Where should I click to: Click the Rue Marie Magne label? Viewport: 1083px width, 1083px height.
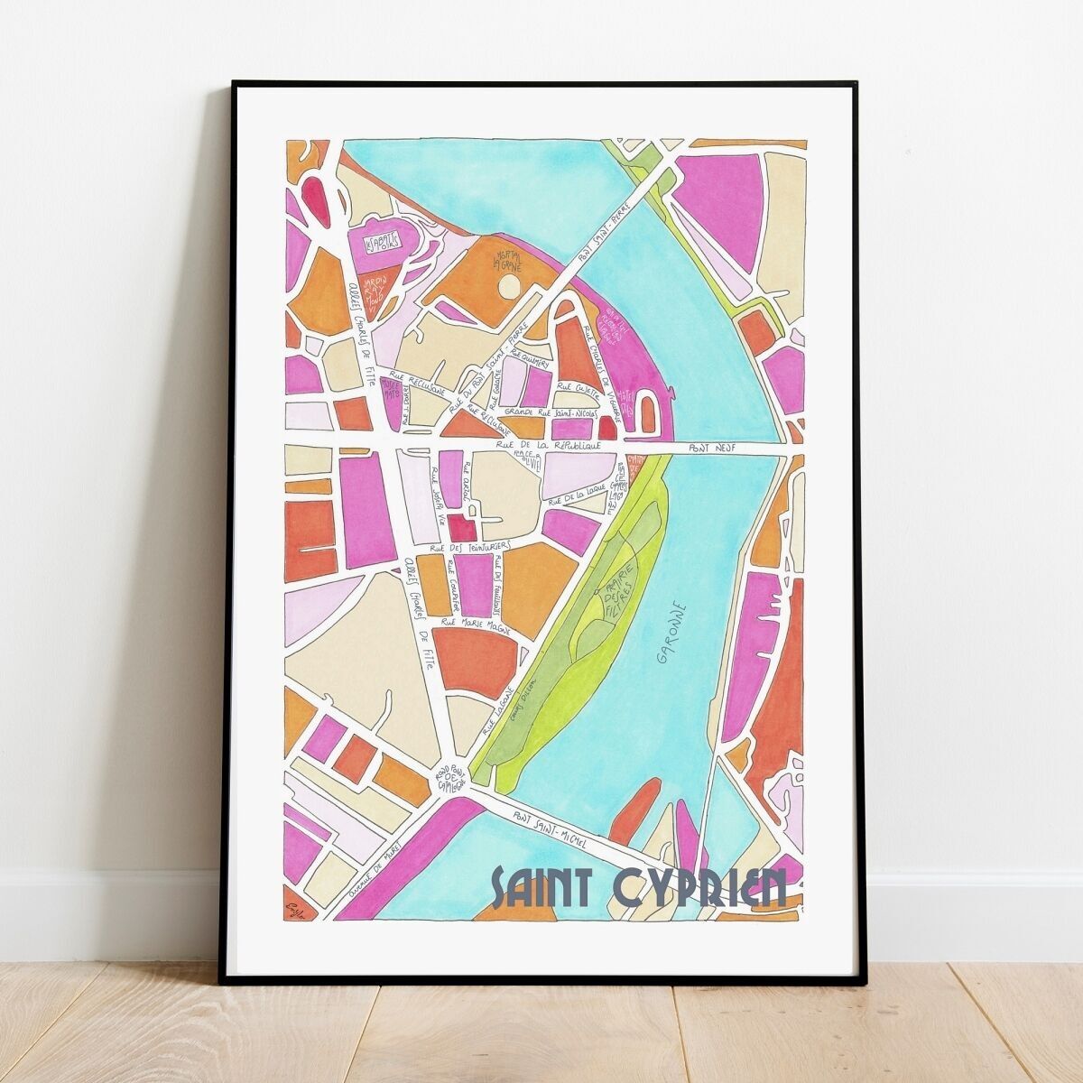tap(470, 623)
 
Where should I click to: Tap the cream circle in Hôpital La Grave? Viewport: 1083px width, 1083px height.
tap(509, 287)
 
